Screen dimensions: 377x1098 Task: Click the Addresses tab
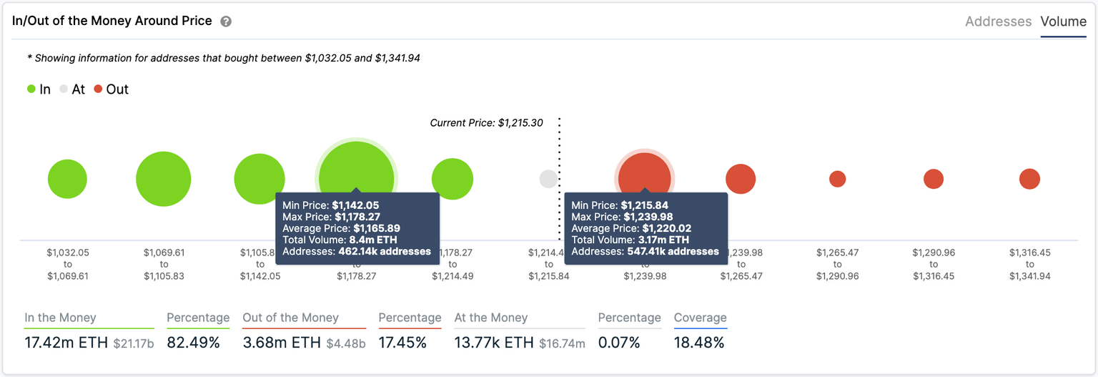(998, 21)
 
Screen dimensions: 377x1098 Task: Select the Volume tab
(1063, 21)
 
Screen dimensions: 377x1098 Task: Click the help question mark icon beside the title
(226, 21)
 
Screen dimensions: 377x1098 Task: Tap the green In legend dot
(31, 89)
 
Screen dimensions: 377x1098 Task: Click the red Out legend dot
(98, 89)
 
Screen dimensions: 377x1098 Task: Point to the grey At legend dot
(64, 89)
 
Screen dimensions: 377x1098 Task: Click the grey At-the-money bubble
(548, 179)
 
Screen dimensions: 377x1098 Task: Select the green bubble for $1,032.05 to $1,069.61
(67, 179)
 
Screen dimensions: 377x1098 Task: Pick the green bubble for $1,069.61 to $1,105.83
(163, 179)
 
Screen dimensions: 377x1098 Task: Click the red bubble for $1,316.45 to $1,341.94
(1029, 179)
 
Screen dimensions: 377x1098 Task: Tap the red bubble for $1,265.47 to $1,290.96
(837, 179)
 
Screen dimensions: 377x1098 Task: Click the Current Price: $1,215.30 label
(486, 123)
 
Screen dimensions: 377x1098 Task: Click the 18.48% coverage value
(698, 343)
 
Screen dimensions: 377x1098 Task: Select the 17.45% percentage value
(402, 343)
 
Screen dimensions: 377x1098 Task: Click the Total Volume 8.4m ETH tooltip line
(340, 240)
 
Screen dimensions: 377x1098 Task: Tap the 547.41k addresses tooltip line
(645, 251)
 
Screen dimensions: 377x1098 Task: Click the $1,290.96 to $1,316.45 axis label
(933, 264)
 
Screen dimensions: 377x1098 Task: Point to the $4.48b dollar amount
(346, 344)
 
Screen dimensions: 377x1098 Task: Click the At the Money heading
(490, 318)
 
